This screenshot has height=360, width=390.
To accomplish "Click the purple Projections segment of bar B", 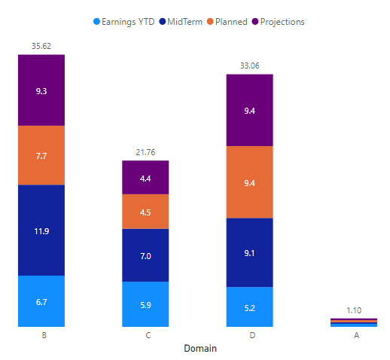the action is coord(41,90).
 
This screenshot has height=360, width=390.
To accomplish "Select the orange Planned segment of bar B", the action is coord(41,155).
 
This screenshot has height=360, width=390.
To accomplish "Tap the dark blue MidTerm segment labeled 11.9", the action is coord(41,230).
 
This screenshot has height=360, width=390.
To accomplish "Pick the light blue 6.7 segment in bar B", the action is coord(41,301).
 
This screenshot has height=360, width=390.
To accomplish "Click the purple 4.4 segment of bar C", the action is coord(145,178).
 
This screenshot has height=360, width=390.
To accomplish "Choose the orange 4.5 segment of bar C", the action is coord(145,212).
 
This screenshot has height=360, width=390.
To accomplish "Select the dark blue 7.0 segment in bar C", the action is coord(145,255).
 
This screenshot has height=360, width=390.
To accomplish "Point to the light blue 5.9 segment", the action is coord(145,304).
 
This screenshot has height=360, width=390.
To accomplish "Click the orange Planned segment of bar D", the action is coord(250,182).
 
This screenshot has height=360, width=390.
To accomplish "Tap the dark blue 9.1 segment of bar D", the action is coord(250,252).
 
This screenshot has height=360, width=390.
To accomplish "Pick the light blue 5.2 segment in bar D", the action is coord(250,307).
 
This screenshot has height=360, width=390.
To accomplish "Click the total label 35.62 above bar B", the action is coord(41,46).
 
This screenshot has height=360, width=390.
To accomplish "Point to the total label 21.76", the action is coord(145,152).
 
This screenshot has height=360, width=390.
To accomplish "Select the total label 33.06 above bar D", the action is coord(250,66).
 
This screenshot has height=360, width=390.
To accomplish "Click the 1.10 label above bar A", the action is coord(354,310).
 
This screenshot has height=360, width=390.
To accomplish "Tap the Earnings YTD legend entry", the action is coord(124,22).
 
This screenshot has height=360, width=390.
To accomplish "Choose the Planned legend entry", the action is coord(227,22).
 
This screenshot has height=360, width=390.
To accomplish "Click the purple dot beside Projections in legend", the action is coord(255,22).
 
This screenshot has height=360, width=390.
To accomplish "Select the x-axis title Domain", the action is coord(200,349).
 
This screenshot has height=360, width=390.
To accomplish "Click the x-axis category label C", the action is coord(148,335).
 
